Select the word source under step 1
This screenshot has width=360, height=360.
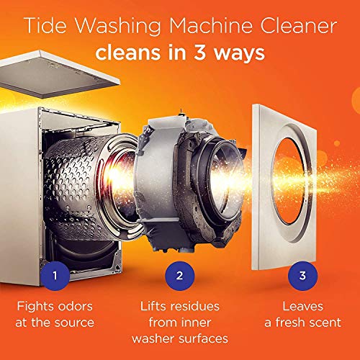click(x=78, y=323)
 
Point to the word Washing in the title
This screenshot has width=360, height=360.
click(x=111, y=26)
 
